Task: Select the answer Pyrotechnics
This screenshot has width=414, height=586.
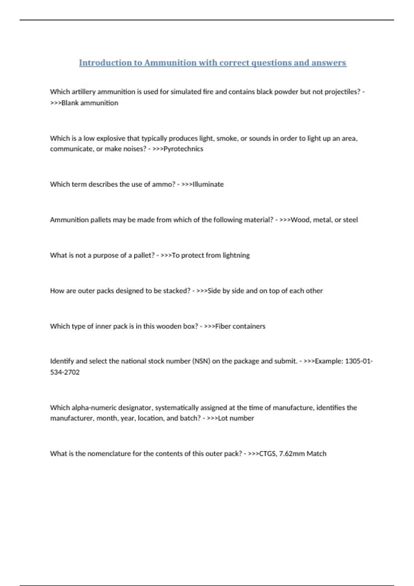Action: click(183, 149)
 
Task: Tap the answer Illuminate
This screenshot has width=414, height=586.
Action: click(208, 184)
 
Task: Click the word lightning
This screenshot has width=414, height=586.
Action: click(236, 255)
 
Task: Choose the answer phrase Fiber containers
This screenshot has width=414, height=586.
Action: click(240, 326)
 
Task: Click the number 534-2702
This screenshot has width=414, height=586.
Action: click(65, 372)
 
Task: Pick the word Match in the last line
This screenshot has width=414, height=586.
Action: click(316, 454)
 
